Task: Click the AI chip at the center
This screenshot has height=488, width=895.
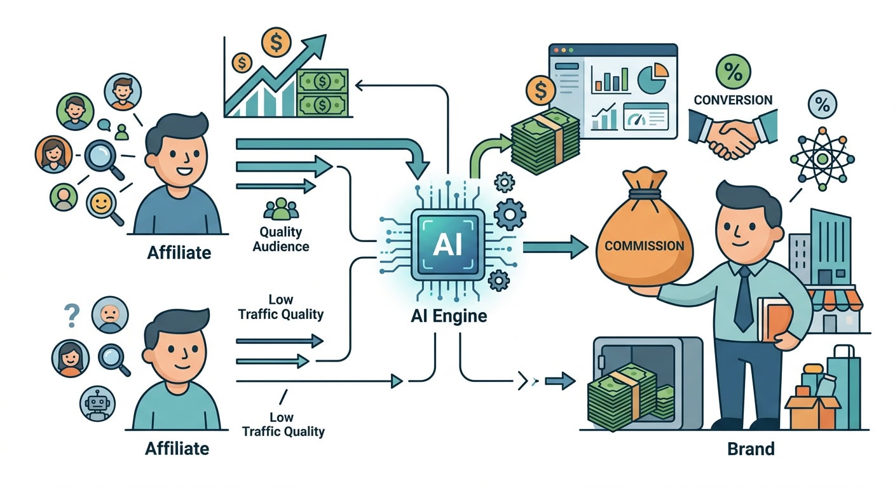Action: pos(448,245)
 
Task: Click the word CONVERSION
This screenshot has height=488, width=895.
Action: pos(733,100)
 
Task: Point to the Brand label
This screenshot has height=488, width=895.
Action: pos(751,449)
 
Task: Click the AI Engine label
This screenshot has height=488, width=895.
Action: pos(449,316)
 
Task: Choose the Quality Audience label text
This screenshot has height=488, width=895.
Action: pos(280,239)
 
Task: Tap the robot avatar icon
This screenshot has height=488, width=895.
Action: pos(97,403)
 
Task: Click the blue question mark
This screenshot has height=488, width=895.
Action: pos(72,316)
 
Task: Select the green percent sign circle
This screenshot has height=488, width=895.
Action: pos(733,72)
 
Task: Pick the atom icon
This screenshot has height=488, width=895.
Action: pos(823,159)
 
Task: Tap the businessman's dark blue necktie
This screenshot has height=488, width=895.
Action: pos(744,299)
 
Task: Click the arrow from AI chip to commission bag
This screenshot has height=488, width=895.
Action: pos(556,247)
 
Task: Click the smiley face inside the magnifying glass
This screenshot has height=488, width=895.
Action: pos(100,203)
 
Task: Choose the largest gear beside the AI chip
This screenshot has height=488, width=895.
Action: pos(510,214)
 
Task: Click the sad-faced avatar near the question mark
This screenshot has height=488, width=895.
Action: pos(110,315)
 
